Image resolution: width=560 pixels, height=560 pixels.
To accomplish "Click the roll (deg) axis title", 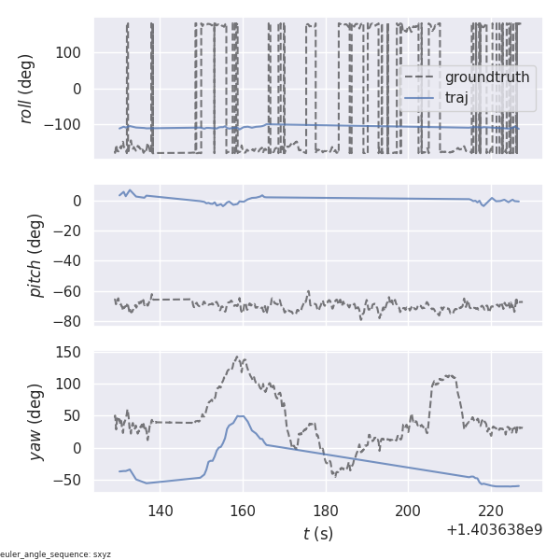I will point(27,89).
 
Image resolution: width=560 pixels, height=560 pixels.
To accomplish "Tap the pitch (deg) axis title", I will point(36,256).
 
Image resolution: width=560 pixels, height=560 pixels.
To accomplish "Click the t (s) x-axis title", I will point(317,534).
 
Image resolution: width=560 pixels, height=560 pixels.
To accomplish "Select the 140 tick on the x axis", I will point(161,511).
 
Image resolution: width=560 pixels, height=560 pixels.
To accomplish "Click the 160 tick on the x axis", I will point(243,511).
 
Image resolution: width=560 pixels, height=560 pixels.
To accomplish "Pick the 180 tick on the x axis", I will point(326,511).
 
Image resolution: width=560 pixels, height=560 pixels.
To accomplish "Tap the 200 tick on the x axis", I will point(408,511).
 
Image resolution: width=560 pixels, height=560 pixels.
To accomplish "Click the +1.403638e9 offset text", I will point(494,530).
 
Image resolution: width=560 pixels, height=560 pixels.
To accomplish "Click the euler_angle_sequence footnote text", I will point(55,554).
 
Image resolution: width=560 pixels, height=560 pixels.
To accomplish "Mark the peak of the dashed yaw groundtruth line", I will point(238,357).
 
